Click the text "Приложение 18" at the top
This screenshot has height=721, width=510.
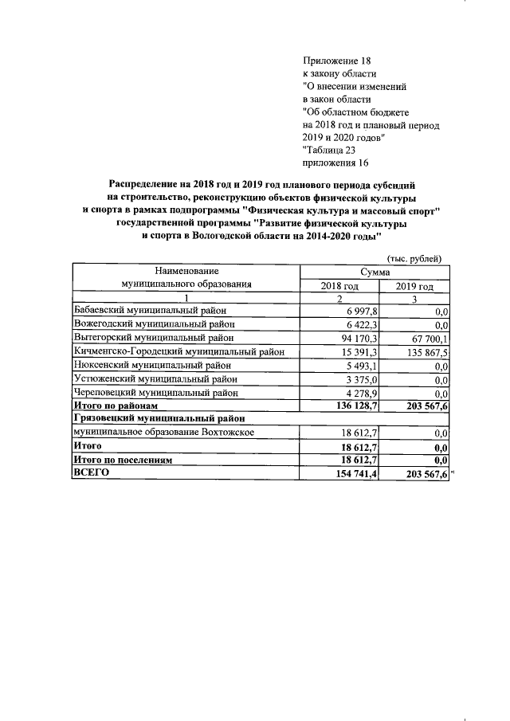pos(337,60)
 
